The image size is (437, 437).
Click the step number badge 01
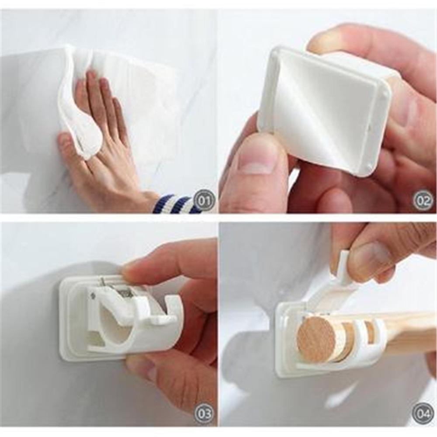pos(204,201)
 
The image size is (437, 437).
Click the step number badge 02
pos(423,201)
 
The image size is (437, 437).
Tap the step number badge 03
pos(204,413)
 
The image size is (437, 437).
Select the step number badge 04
pos(423,413)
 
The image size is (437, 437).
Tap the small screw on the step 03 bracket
pos(93,296)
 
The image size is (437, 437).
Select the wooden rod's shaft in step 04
pos(406,332)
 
